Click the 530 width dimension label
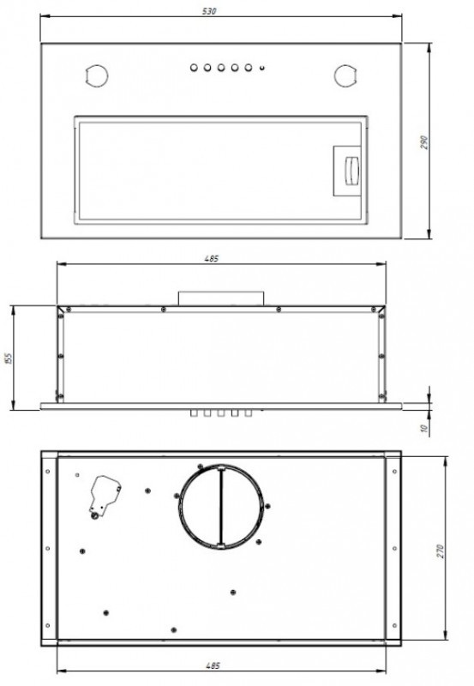pyautogui.click(x=209, y=11)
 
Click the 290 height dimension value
pyautogui.click(x=424, y=142)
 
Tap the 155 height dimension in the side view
pyautogui.click(x=8, y=358)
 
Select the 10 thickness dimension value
pyautogui.click(x=423, y=428)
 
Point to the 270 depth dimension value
pyautogui.click(x=440, y=551)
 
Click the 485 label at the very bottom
pyautogui.click(x=212, y=666)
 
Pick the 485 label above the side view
pyautogui.click(x=211, y=259)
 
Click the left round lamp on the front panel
pyautogui.click(x=96, y=76)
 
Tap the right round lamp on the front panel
pyautogui.click(x=345, y=76)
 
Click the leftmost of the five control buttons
pyautogui.click(x=194, y=68)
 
